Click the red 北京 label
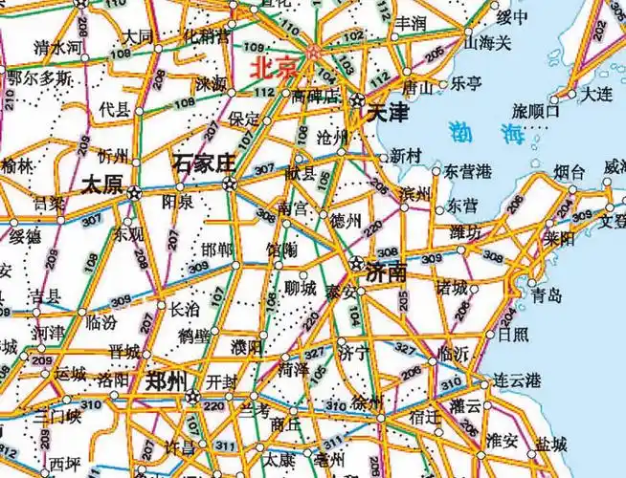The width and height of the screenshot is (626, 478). click(275, 69)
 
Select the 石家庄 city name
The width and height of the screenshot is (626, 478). click(204, 163)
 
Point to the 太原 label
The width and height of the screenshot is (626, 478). click(102, 184)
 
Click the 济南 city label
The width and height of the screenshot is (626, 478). click(387, 272)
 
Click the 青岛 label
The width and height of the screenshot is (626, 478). click(548, 295)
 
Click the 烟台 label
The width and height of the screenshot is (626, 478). click(570, 173)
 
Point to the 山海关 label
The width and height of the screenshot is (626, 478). click(488, 43)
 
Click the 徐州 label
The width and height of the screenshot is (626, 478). click(368, 400)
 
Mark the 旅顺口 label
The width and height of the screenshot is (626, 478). click(536, 110)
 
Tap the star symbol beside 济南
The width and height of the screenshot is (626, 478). click(357, 263)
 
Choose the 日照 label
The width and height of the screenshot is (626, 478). click(512, 335)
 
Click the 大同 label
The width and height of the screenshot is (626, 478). click(138, 36)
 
